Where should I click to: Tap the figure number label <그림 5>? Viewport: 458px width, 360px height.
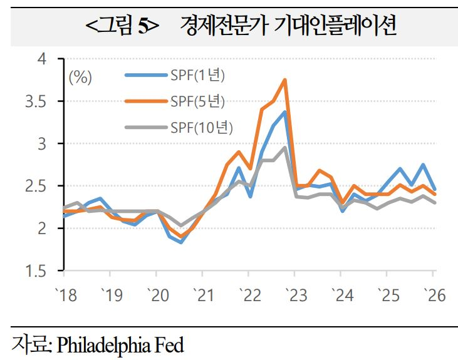pyautogui.click(x=123, y=26)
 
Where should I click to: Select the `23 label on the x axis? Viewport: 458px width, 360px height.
pyautogui.click(x=294, y=295)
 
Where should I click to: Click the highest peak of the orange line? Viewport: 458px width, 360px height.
pyautogui.click(x=285, y=80)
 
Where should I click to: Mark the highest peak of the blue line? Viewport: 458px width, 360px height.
pyautogui.click(x=285, y=112)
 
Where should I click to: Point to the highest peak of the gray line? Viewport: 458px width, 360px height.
pyautogui.click(x=285, y=148)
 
